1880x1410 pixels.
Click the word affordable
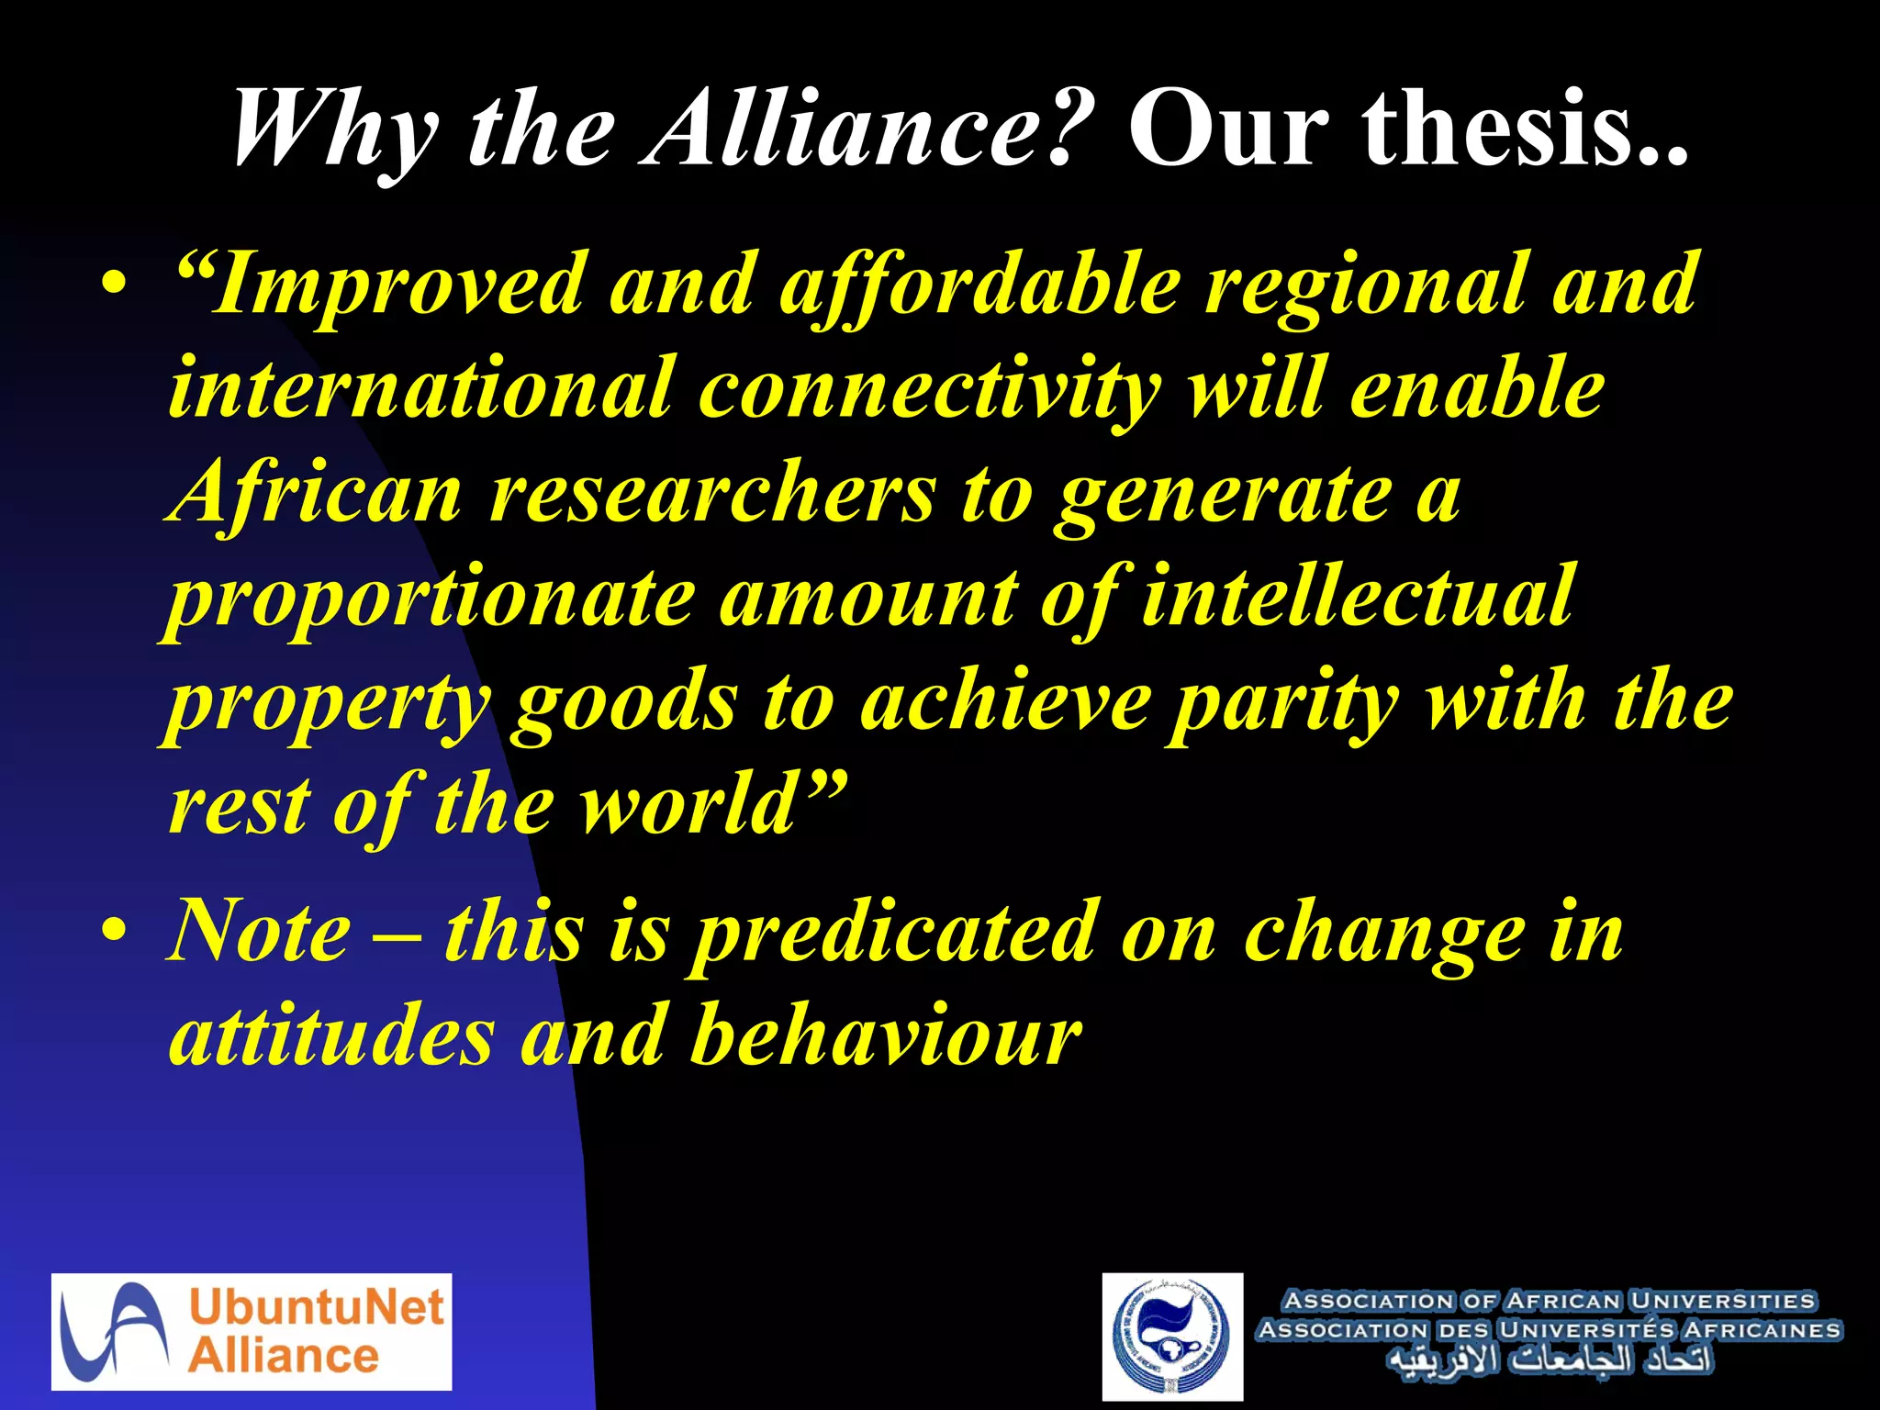tap(979, 285)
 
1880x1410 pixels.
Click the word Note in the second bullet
tap(261, 931)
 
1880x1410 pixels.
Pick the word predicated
tap(894, 933)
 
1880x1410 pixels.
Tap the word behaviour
tap(885, 1035)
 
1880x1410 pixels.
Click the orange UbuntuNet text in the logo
tap(316, 1306)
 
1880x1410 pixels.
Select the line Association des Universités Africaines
tap(1549, 1329)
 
